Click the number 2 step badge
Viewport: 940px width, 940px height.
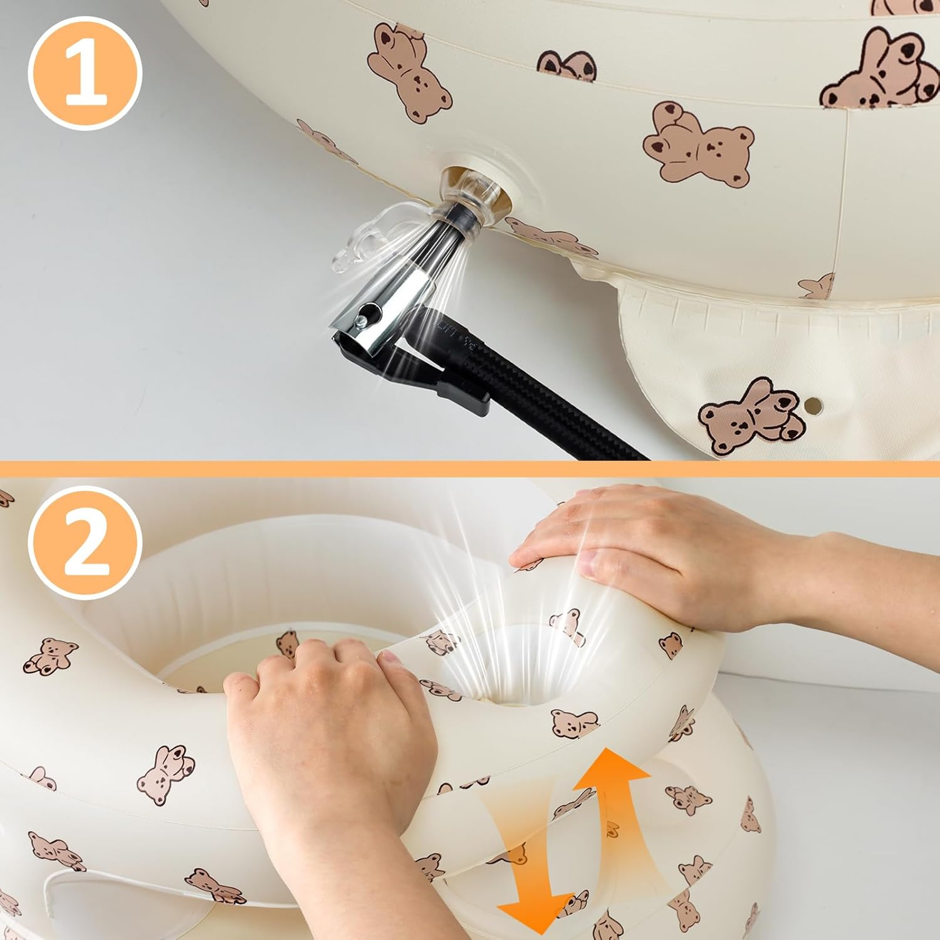click(x=85, y=543)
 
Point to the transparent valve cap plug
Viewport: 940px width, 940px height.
click(x=367, y=241)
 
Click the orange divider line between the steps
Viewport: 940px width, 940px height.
click(x=470, y=467)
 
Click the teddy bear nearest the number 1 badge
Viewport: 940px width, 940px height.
click(x=408, y=72)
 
